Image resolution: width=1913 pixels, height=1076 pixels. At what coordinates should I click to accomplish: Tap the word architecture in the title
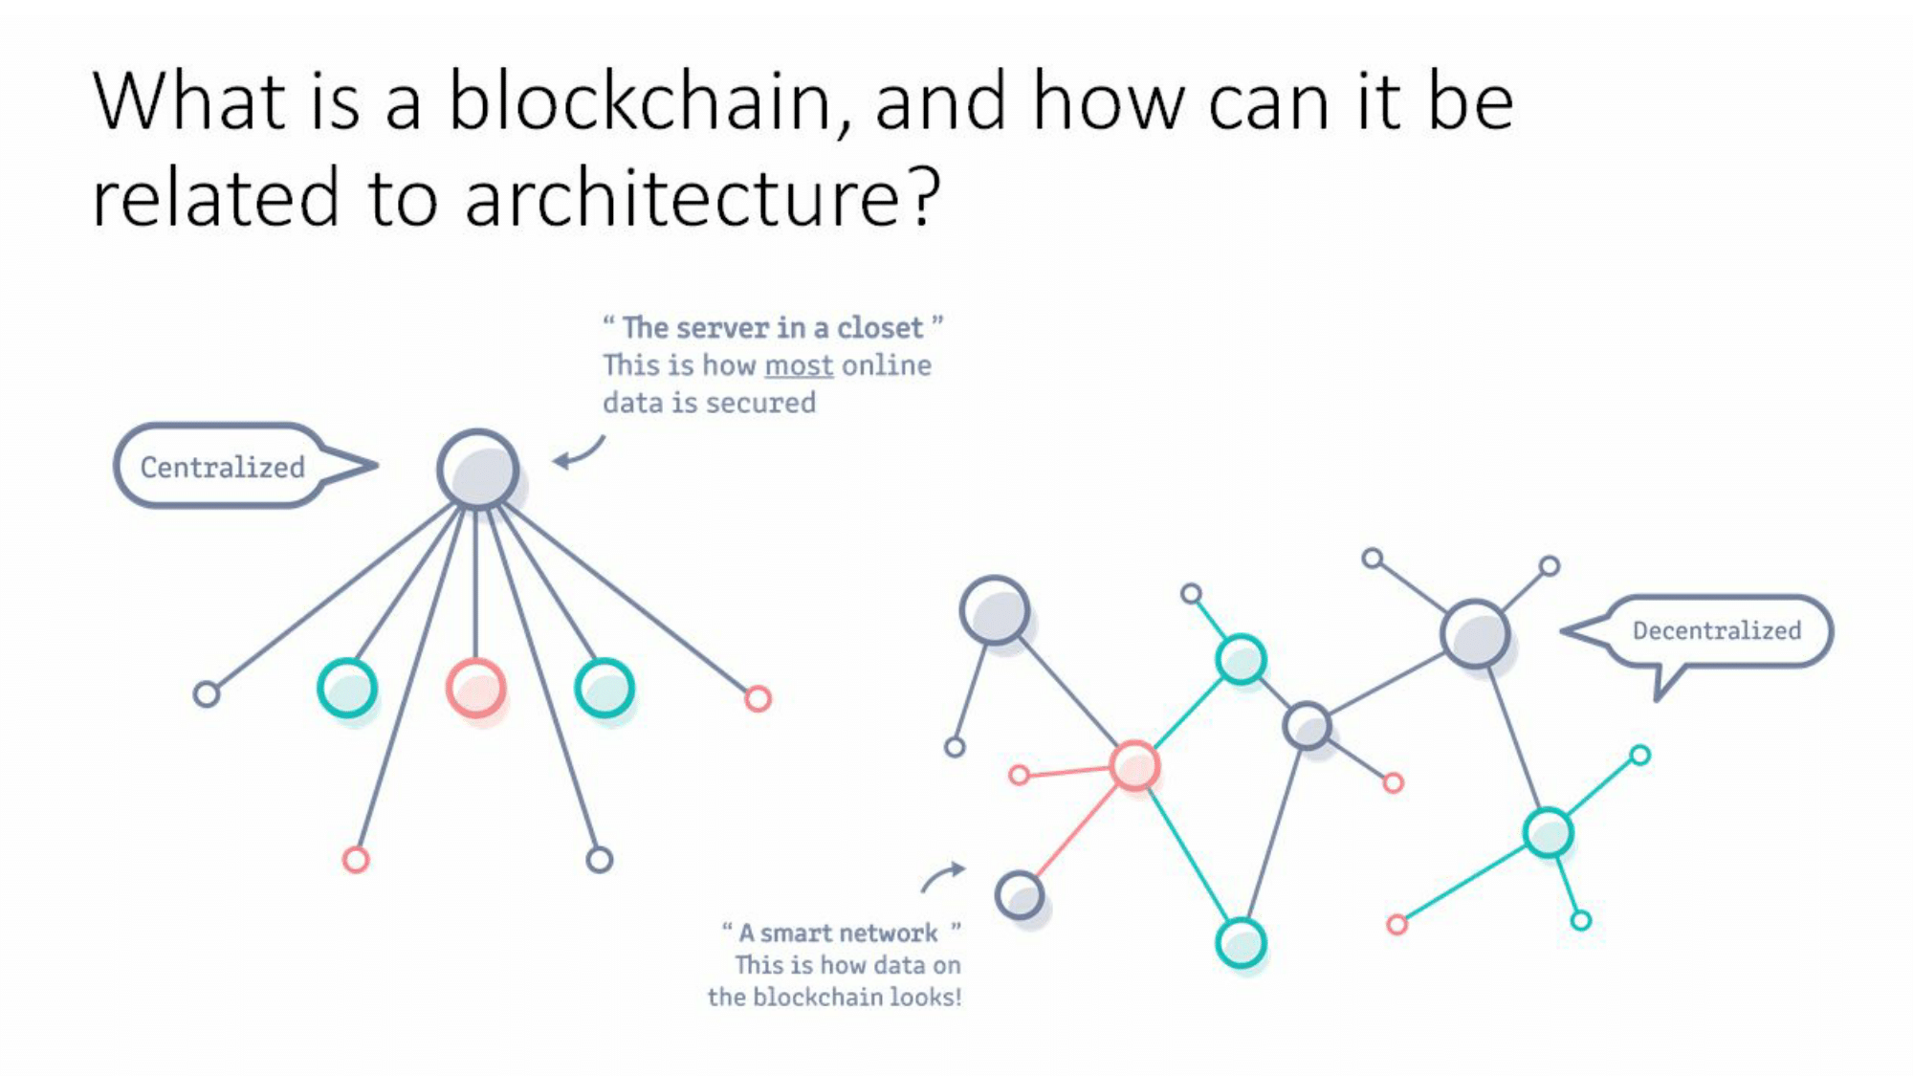point(682,198)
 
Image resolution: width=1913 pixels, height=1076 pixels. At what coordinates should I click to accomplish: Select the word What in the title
point(188,101)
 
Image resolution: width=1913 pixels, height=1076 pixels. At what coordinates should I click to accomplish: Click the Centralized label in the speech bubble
point(222,467)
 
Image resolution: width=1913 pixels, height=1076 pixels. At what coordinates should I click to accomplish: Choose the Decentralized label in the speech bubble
point(1716,630)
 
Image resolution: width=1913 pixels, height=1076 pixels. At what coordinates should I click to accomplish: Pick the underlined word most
point(799,365)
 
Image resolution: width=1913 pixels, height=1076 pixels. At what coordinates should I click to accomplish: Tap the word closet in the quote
point(880,327)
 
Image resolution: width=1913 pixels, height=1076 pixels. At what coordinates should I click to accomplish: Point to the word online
point(887,365)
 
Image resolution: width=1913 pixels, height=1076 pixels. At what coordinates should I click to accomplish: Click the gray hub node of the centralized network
point(478,470)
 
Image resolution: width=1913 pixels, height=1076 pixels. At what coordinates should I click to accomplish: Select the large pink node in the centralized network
point(475,688)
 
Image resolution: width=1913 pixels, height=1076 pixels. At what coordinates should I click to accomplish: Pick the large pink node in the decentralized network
point(1134,765)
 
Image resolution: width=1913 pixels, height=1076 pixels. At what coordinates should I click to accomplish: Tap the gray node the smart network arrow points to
point(1020,895)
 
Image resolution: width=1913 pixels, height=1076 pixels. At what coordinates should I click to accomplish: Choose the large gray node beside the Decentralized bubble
point(1475,633)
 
